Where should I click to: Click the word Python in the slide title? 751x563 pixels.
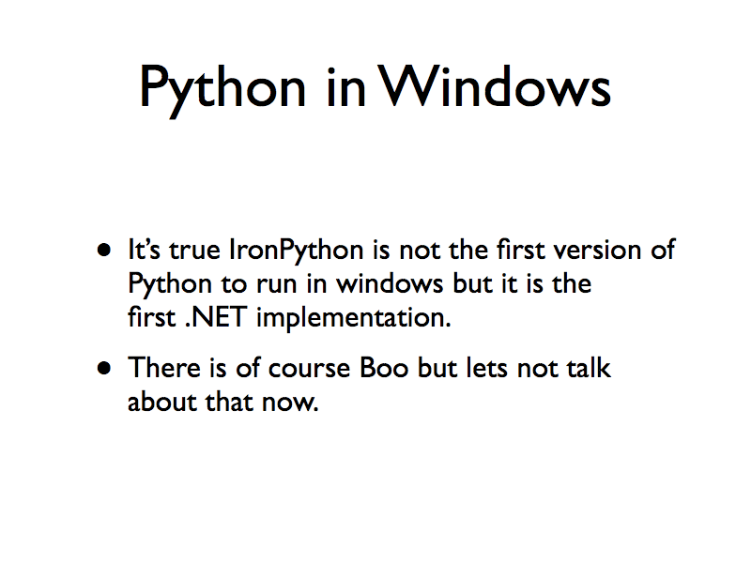(222, 89)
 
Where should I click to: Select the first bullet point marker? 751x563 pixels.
(105, 251)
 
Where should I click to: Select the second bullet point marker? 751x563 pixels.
(105, 368)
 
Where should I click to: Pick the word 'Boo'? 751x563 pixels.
(385, 367)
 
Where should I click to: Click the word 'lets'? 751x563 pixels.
(487, 367)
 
